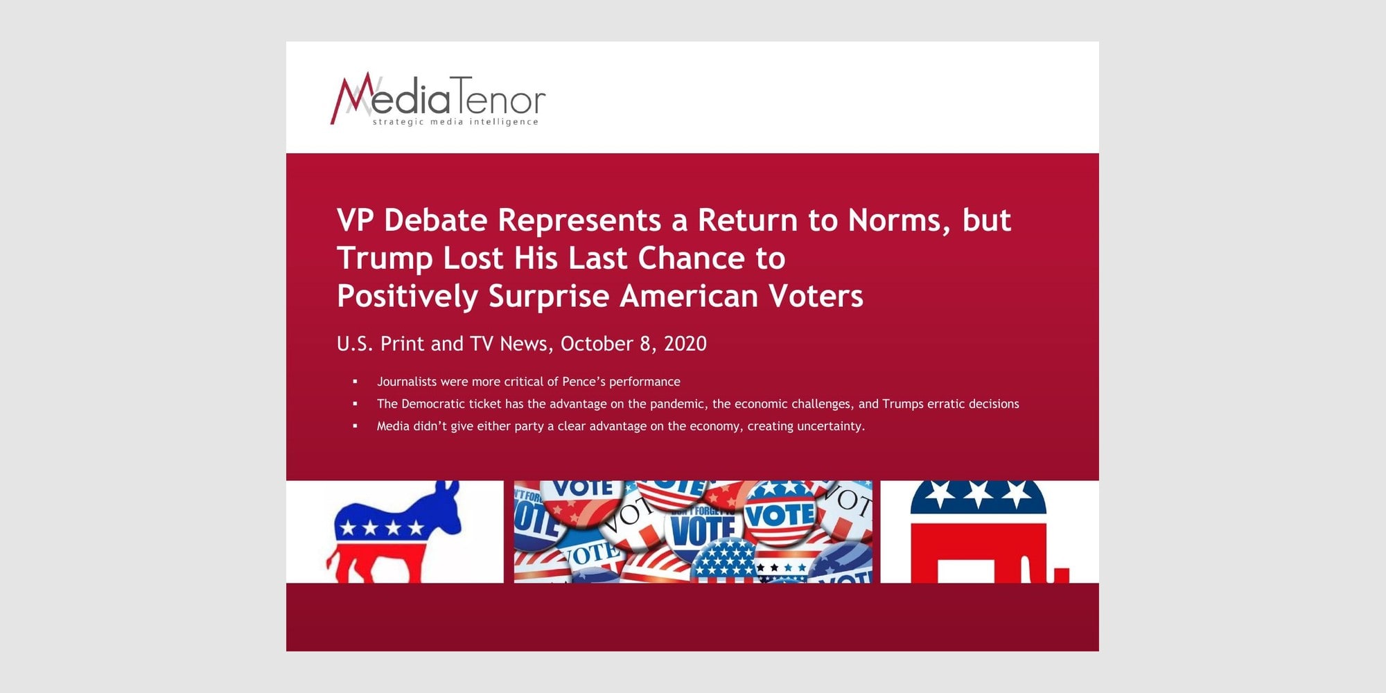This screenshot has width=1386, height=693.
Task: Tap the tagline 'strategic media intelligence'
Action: coord(455,122)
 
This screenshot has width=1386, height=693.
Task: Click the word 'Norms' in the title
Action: coord(900,220)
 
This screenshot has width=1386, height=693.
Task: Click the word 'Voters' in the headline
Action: coord(816,296)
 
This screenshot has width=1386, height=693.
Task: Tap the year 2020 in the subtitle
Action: coord(685,344)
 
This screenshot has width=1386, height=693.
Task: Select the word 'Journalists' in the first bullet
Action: coord(407,382)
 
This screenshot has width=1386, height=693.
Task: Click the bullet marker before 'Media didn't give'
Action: coord(356,426)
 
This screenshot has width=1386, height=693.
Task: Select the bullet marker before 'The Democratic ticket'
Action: coord(356,403)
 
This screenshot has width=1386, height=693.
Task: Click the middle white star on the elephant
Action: coord(978,494)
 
